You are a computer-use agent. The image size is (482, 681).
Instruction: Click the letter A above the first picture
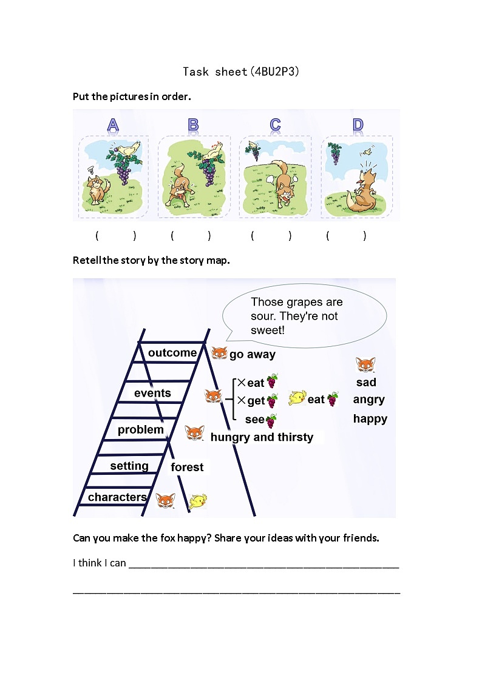point(113,125)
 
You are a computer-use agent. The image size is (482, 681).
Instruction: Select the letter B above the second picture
point(193,125)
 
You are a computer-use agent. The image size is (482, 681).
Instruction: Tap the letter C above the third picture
point(275,125)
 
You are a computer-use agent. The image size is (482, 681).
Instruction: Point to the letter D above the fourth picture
point(358,125)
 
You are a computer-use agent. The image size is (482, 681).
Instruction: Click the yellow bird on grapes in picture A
point(129,149)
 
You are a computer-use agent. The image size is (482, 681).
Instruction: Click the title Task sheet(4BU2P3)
point(241,72)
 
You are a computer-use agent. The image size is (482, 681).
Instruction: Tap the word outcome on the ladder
point(172,353)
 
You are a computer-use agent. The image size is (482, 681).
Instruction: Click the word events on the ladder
point(152,393)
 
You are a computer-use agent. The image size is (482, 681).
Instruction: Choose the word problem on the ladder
point(141,430)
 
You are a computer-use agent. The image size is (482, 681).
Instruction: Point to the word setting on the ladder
point(129,466)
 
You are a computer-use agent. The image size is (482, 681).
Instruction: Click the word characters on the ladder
point(117,497)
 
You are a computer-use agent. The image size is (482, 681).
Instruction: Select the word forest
point(187,467)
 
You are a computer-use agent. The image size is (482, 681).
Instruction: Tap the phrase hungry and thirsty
point(262,437)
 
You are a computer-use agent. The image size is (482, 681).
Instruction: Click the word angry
point(368,400)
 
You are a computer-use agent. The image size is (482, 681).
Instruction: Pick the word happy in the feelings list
point(370,419)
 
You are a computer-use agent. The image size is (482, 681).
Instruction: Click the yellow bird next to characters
point(198,501)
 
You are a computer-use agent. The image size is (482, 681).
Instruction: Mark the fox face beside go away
point(219,354)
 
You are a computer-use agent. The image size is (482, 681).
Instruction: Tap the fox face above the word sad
point(365,365)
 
